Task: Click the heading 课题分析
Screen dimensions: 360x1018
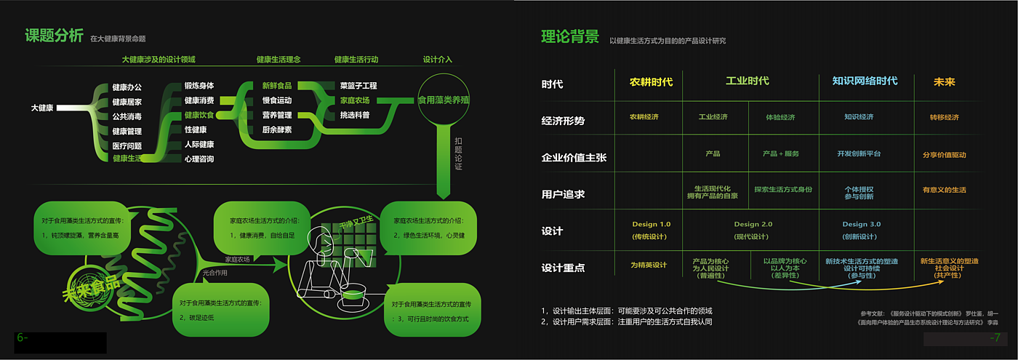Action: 54,36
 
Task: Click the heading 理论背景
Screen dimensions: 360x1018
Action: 570,37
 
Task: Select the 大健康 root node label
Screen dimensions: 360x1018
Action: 43,108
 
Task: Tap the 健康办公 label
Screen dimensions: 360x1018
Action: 127,88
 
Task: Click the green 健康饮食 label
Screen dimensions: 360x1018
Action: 199,115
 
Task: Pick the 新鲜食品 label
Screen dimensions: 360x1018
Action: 277,86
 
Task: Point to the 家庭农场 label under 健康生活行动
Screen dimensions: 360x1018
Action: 355,100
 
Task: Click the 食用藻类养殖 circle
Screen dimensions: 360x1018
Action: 444,100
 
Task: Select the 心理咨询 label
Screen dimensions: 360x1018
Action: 199,159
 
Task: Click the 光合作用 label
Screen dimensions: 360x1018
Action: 215,272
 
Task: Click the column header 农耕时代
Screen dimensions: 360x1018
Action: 651,81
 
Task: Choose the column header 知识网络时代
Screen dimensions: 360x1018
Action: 865,81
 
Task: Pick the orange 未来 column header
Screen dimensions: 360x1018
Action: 944,82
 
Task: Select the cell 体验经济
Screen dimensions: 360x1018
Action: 780,117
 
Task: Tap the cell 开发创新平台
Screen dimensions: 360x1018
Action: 859,154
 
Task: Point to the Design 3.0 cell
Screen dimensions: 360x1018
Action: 861,225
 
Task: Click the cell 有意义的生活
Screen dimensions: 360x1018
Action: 944,191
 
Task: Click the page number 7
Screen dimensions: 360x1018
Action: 995,338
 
